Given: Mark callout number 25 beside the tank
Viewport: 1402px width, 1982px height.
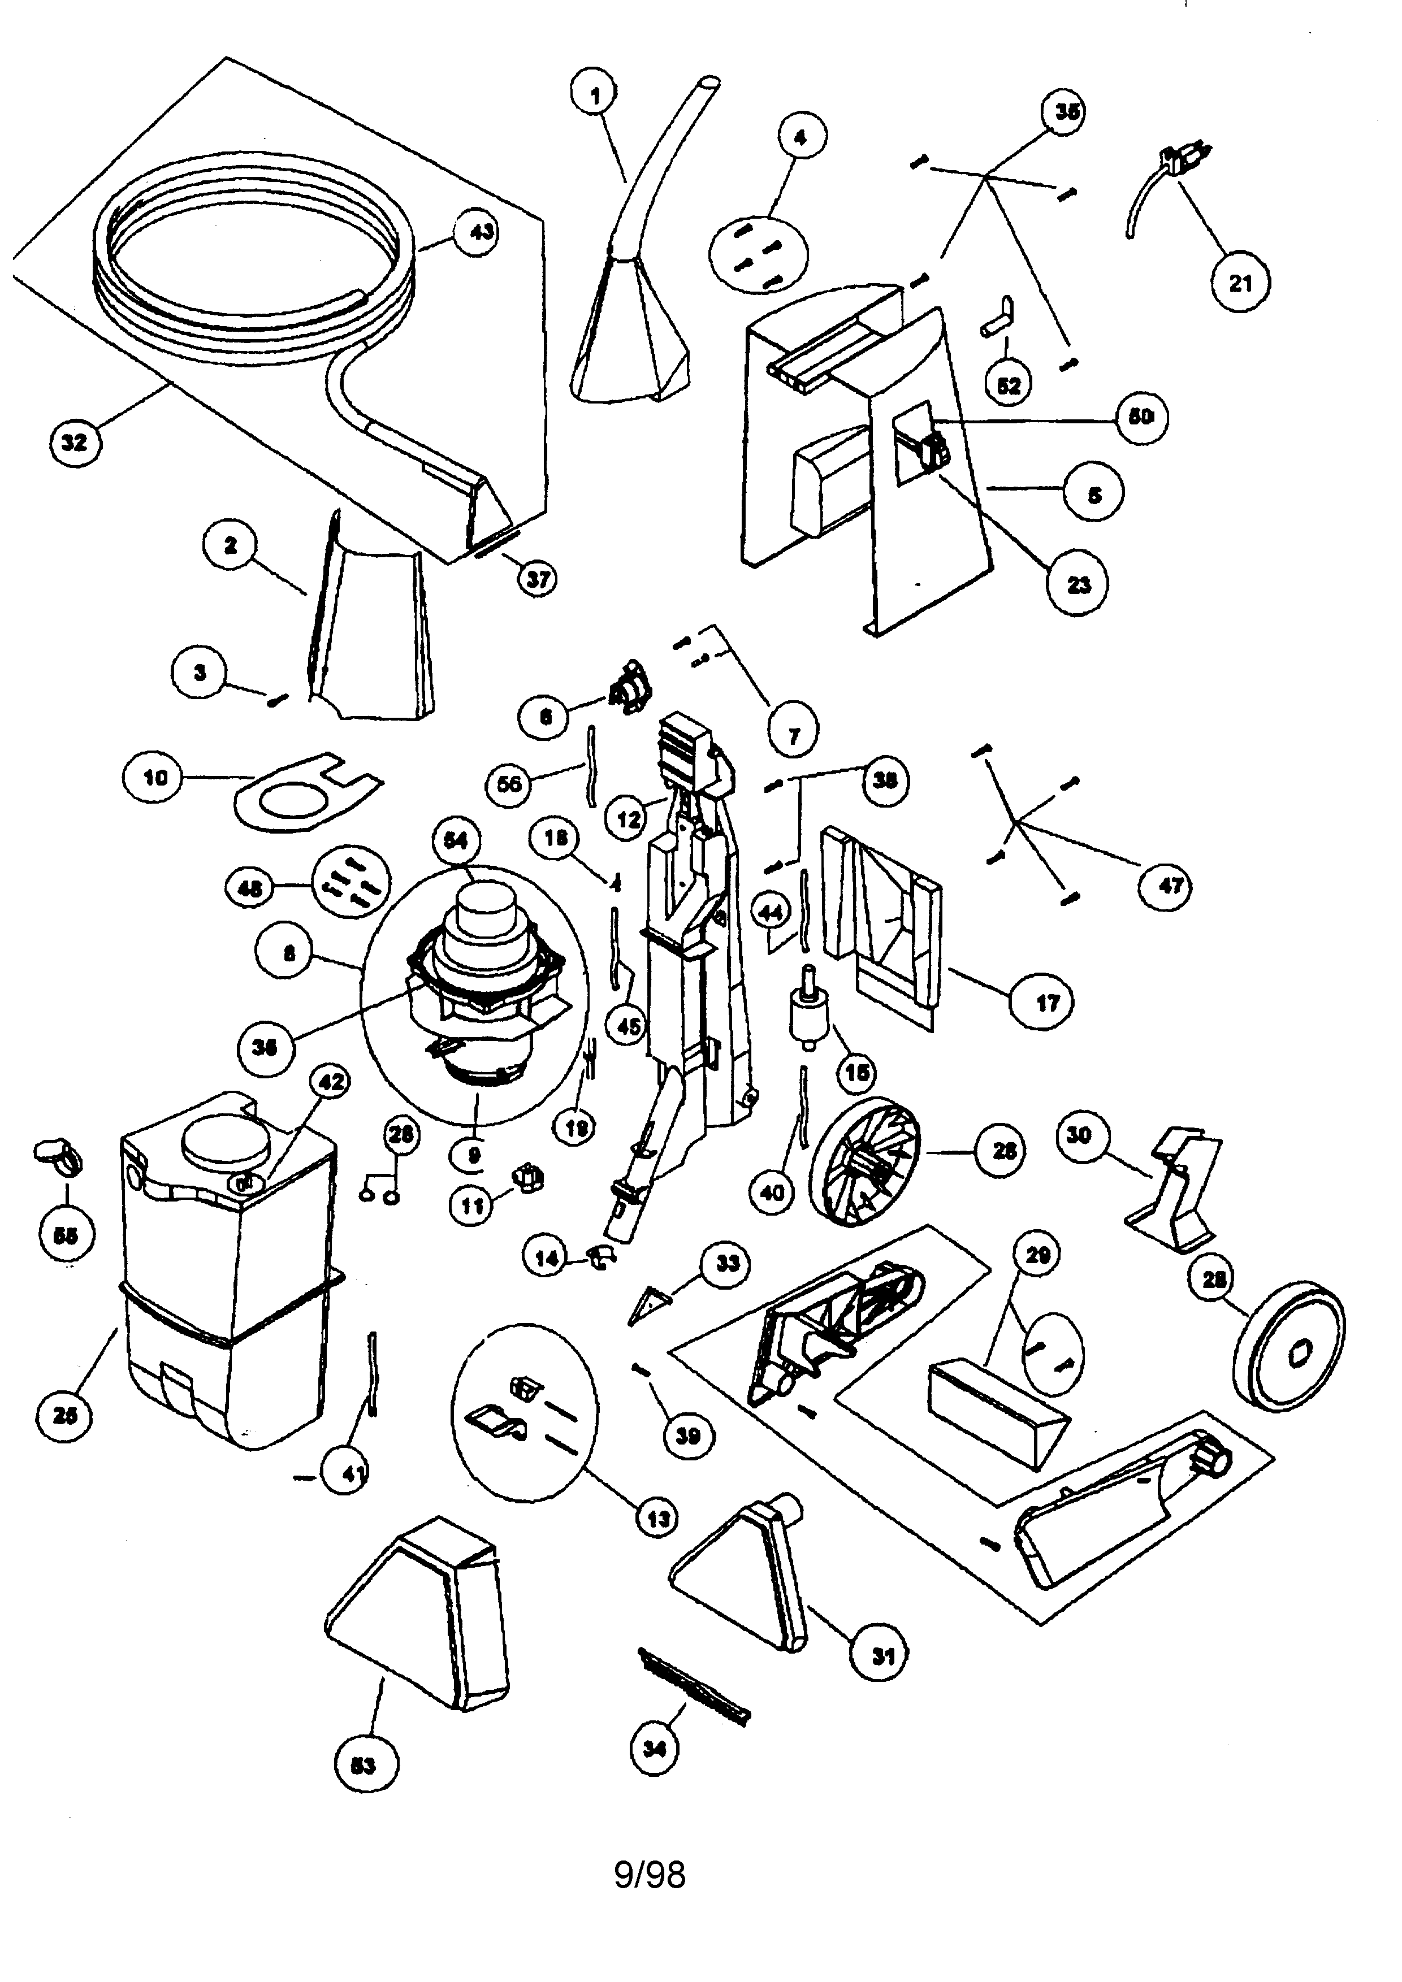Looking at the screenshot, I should [66, 1415].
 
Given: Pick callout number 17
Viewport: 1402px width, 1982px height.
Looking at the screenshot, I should [1046, 1003].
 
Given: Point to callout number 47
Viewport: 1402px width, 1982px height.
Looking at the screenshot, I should [1171, 885].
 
